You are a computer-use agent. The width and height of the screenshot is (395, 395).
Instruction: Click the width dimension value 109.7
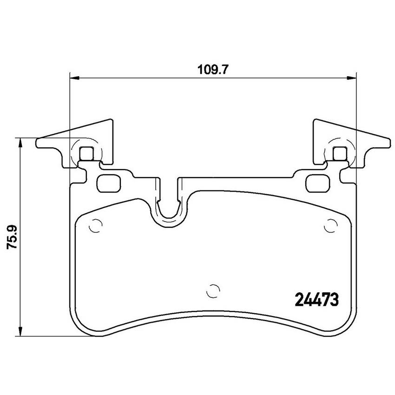tap(213, 70)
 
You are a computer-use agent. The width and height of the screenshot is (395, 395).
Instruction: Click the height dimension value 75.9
tap(12, 237)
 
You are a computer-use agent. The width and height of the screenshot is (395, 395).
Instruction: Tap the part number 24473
tap(316, 300)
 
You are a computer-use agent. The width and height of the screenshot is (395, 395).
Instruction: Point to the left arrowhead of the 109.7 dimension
tap(74, 78)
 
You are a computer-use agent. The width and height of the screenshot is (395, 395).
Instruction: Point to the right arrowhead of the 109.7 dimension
tap(352, 78)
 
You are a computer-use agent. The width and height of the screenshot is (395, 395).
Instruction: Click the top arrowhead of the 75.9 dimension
tap(20, 143)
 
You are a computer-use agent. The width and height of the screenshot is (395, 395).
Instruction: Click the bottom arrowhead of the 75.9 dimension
tap(20, 331)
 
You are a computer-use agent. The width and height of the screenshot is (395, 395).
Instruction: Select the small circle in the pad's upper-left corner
tap(96, 226)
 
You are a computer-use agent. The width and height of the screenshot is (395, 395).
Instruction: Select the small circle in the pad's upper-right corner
tap(330, 226)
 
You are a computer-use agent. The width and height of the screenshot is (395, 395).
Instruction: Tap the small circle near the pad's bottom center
tap(213, 291)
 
